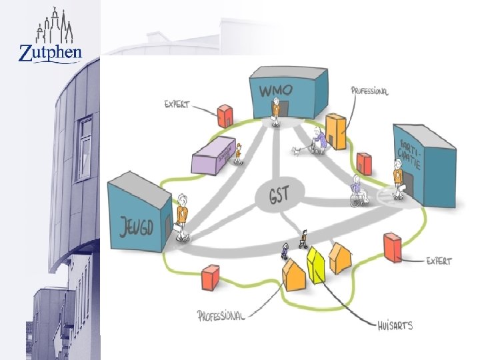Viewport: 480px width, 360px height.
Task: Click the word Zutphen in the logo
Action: tap(50, 52)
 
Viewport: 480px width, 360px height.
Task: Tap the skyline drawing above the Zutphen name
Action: tap(51, 26)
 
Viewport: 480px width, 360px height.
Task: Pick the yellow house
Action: tap(315, 265)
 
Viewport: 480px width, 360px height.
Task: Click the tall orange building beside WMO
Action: tap(335, 131)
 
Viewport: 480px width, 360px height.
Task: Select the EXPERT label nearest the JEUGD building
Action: tap(177, 105)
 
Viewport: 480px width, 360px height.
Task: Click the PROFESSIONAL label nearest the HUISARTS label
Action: tap(221, 315)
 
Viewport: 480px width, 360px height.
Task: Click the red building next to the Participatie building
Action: tap(364, 162)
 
